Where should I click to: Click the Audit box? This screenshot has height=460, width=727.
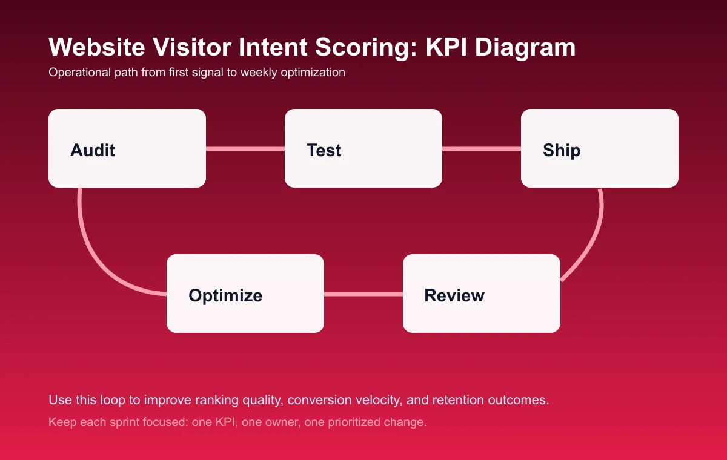[127, 148]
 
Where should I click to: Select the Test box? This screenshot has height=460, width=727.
[363, 148]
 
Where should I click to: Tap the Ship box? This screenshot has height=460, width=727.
[600, 148]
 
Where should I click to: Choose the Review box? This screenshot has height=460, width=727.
[482, 294]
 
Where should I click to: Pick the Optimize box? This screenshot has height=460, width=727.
[245, 294]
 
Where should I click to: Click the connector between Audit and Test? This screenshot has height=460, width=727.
[245, 149]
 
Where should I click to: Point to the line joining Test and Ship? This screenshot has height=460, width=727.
[482, 149]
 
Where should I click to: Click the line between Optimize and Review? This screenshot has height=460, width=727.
[363, 294]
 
